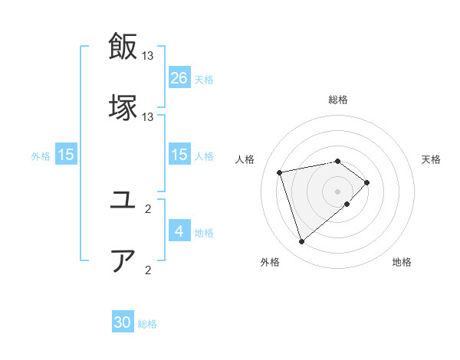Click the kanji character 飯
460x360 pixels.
[123, 47]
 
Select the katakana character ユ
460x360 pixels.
[123, 201]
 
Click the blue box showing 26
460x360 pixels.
[179, 77]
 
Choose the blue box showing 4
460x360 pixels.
[179, 231]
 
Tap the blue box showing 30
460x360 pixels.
[123, 322]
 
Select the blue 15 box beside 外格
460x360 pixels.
[67, 155]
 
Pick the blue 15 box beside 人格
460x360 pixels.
[179, 155]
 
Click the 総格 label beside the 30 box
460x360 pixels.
[147, 324]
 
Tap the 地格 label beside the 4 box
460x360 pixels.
[204, 232]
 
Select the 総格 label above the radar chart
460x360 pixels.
[337, 100]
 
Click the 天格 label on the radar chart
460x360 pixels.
[431, 159]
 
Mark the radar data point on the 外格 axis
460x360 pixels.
[301, 242]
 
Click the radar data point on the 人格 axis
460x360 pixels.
[280, 172]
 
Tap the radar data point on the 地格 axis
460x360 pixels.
[347, 204]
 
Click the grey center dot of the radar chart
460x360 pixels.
[337, 191]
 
